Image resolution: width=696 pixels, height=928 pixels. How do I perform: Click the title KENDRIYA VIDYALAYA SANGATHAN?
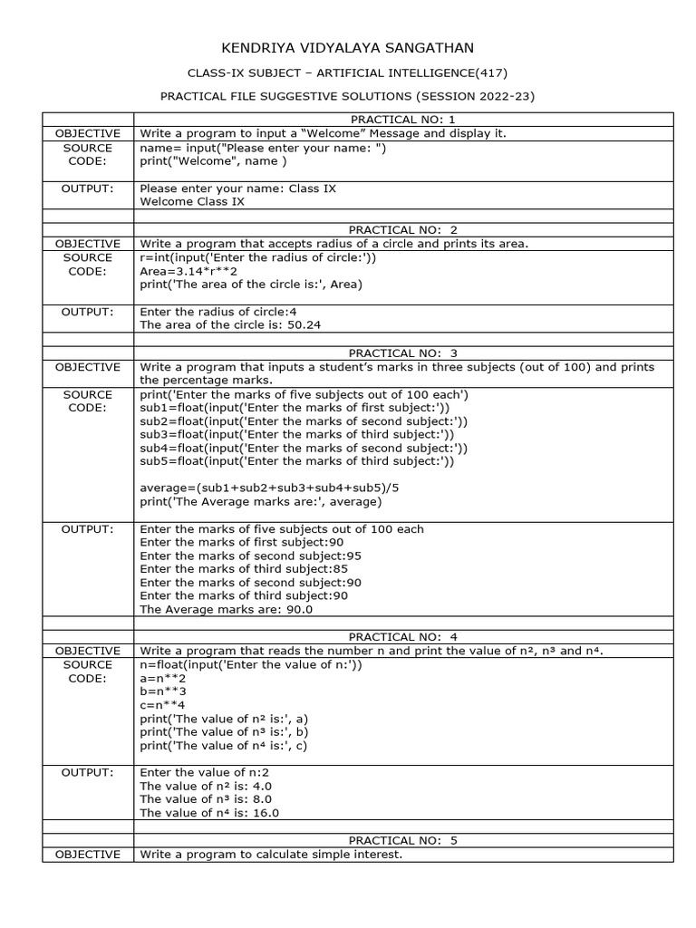tap(348, 48)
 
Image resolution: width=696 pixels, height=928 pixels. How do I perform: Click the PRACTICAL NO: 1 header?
tap(403, 120)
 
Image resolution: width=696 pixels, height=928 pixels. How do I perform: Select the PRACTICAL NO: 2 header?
tap(403, 229)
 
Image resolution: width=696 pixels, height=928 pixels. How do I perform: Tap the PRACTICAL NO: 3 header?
tap(403, 353)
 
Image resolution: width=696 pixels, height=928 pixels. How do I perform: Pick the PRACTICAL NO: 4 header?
tap(403, 637)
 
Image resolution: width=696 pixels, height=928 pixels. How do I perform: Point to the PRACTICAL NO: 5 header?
tap(403, 840)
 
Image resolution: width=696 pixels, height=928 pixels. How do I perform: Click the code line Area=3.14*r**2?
tap(188, 270)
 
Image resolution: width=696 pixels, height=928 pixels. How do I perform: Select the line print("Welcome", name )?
tap(213, 161)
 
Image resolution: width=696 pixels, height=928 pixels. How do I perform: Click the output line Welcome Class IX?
tap(192, 202)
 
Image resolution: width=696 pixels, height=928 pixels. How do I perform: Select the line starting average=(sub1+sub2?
tap(269, 488)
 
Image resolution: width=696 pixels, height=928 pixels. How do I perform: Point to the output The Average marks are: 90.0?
tap(227, 610)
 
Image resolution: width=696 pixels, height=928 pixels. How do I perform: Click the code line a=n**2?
tap(163, 678)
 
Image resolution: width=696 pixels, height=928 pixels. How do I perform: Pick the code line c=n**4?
tap(163, 705)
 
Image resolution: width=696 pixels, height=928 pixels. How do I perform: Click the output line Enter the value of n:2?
tap(204, 772)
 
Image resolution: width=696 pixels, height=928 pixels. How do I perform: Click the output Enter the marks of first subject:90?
tap(236, 542)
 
